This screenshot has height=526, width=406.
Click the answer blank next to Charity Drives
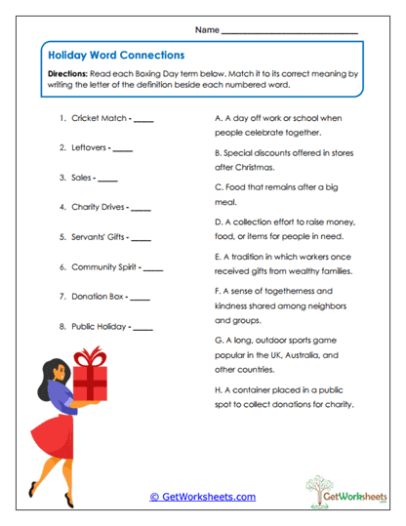coord(141,208)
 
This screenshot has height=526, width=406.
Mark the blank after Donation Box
coord(140,297)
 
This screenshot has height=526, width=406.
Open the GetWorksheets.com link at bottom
coord(203,496)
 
